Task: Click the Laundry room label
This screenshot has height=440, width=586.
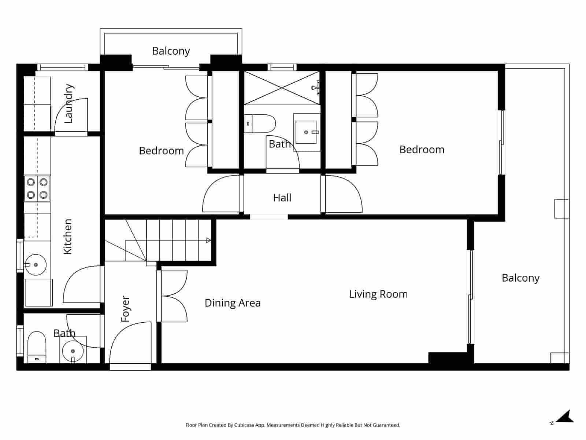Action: click(x=68, y=103)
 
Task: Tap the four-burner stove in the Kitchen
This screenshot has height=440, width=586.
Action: click(x=37, y=188)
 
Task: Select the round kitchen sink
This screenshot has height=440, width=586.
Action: click(x=36, y=264)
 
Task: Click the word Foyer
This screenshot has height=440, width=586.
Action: click(x=125, y=309)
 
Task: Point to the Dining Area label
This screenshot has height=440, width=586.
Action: click(x=233, y=303)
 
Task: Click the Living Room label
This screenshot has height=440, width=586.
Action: click(x=378, y=294)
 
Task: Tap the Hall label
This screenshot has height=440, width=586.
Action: click(x=282, y=198)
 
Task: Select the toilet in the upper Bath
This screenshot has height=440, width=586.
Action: click(x=260, y=124)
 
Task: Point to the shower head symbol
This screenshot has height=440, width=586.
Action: click(x=314, y=88)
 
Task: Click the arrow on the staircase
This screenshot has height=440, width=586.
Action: click(x=208, y=241)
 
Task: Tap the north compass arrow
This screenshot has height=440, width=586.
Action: click(x=566, y=417)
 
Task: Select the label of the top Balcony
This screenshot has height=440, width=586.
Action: click(x=171, y=51)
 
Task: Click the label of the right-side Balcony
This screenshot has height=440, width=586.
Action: click(x=520, y=278)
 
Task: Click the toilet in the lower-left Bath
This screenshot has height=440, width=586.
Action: click(x=36, y=346)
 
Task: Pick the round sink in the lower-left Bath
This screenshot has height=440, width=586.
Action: click(x=73, y=351)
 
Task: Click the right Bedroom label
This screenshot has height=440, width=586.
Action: click(x=422, y=150)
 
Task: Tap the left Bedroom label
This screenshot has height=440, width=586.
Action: click(x=161, y=151)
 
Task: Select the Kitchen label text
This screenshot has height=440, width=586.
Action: click(x=68, y=236)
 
